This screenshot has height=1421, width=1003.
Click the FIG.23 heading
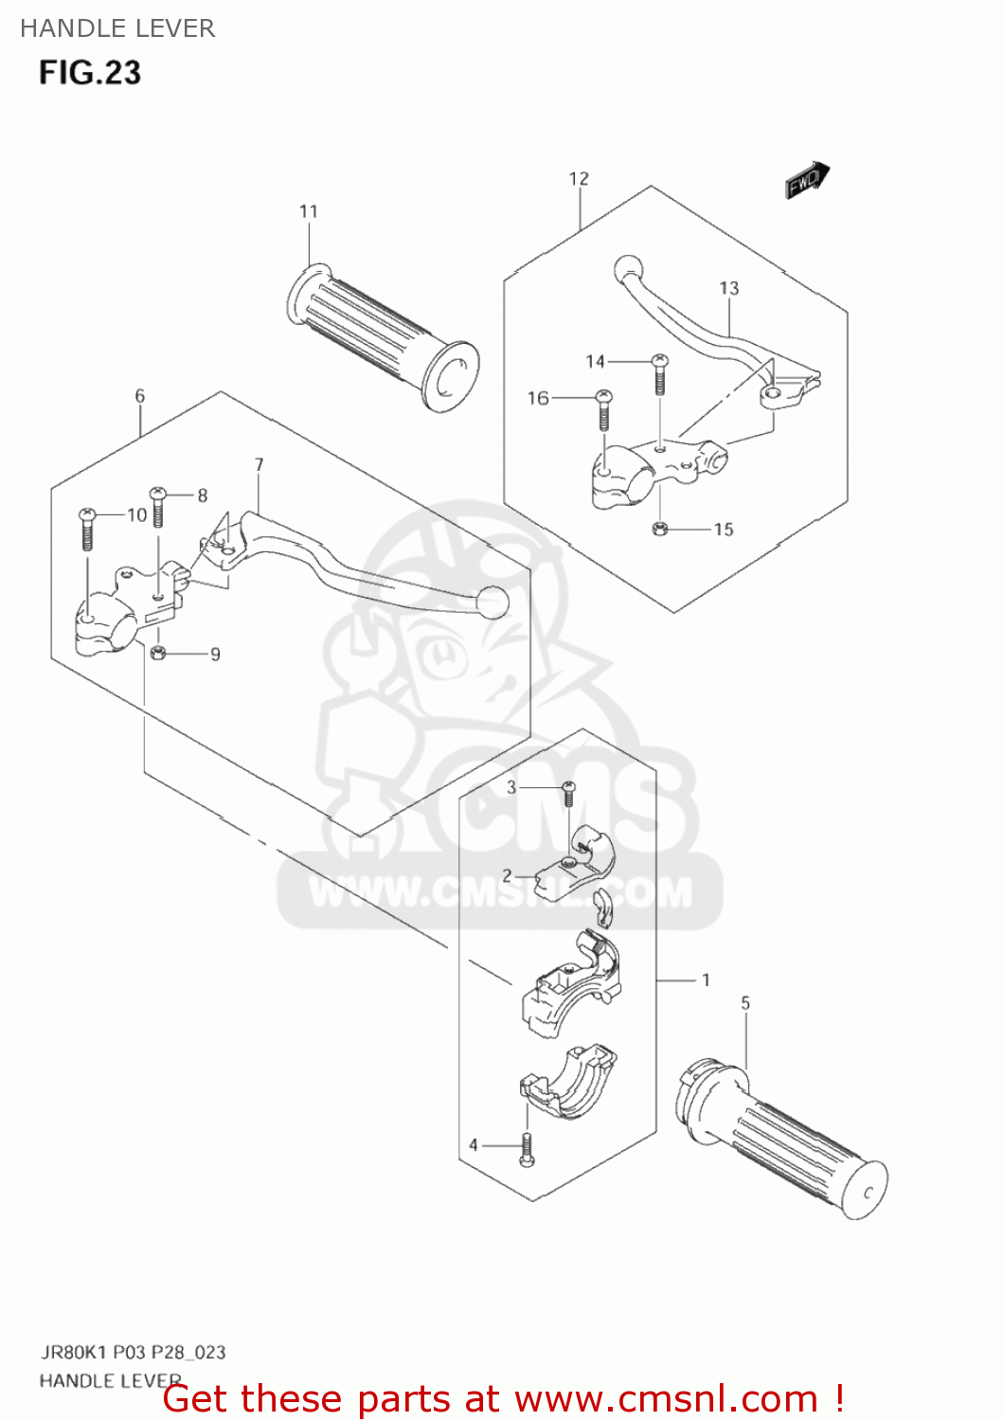90,73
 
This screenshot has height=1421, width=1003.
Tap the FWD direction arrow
806,179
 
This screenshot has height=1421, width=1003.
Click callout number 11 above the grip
309,211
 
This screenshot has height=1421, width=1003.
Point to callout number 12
579,178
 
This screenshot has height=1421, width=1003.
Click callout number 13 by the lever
728,288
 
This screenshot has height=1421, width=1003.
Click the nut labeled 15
660,529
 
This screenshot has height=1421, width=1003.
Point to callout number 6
140,396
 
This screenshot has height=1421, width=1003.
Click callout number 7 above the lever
259,464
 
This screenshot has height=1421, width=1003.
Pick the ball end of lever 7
493,601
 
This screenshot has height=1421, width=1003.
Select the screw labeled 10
87,528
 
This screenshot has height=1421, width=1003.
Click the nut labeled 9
159,652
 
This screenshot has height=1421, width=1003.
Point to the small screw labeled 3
568,793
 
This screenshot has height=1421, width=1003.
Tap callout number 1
706,980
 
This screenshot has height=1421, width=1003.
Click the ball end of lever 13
627,268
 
